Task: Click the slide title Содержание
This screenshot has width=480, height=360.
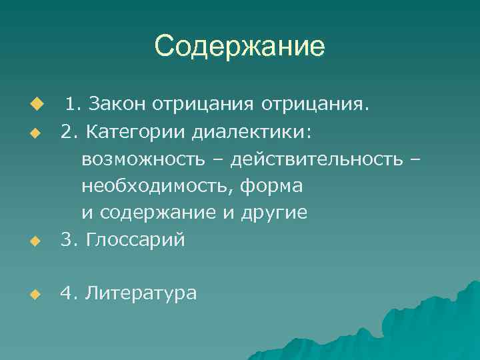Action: tap(239, 47)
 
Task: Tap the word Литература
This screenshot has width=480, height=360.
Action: tap(141, 292)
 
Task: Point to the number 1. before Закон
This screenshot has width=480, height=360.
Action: tap(73, 105)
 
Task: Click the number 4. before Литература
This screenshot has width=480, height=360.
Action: tap(68, 292)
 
